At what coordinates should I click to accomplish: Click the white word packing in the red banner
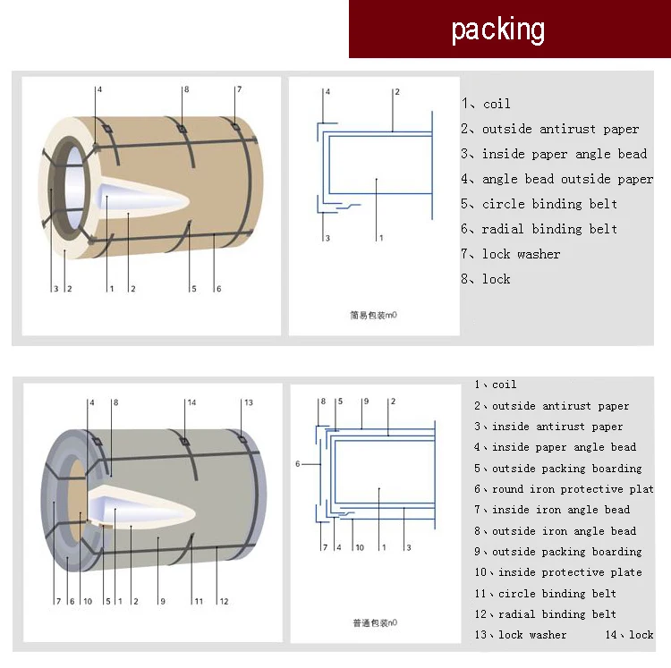point(497,30)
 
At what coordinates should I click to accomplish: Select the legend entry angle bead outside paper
point(556,179)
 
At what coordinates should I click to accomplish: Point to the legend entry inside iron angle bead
point(556,510)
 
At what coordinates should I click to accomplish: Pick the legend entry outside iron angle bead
point(556,531)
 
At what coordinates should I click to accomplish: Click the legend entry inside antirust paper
point(548,427)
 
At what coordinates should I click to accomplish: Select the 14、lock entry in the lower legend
point(630,635)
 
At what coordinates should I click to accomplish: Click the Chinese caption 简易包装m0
point(373,315)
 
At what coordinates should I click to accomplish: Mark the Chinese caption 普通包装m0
point(374,622)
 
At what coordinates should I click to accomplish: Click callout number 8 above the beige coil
point(186,89)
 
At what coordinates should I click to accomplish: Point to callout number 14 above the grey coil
point(191,402)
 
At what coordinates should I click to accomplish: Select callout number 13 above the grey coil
point(248,402)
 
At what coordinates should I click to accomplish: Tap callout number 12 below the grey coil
point(224,601)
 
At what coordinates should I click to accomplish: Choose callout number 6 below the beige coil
point(217,289)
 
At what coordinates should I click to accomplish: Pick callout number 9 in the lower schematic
point(365,402)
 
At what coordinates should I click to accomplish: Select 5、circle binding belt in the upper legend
point(539,204)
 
